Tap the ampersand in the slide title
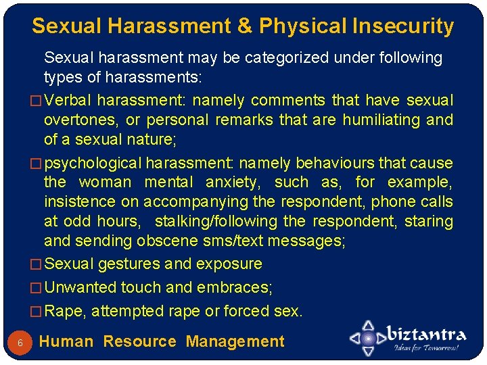(x=244, y=26)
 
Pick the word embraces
(x=233, y=288)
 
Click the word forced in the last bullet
(x=247, y=312)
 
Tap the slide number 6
(x=20, y=343)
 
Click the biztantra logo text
(x=425, y=335)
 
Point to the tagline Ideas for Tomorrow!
(x=426, y=349)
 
